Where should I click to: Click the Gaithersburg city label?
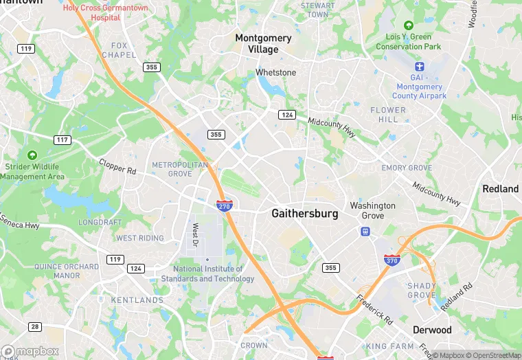click(305, 214)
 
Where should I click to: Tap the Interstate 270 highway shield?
click(224, 205)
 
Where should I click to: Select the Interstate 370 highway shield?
click(390, 260)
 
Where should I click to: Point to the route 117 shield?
click(63, 139)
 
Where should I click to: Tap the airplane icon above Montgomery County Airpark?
click(420, 67)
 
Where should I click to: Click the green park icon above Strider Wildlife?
click(32, 155)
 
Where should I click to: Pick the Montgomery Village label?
click(263, 43)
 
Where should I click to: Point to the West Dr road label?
click(195, 234)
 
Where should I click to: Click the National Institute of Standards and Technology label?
click(207, 273)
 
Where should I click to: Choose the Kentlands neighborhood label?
click(137, 300)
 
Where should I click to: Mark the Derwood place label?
click(432, 330)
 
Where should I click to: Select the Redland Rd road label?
click(457, 297)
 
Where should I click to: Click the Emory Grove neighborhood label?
click(407, 168)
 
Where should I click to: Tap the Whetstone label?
click(275, 72)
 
